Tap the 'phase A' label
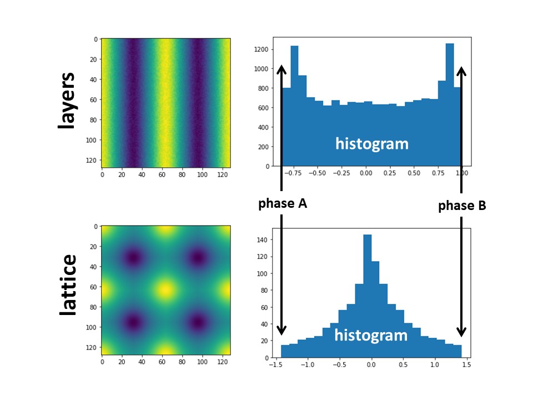(x=283, y=204)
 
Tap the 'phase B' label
(x=462, y=206)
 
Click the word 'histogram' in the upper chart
(x=371, y=144)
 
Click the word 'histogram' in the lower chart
(x=371, y=335)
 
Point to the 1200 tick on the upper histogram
(x=263, y=49)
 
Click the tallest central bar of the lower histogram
(x=367, y=294)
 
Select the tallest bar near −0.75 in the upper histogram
(x=294, y=106)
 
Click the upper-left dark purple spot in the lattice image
(x=133, y=258)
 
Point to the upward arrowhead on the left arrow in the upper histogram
(x=282, y=69)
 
